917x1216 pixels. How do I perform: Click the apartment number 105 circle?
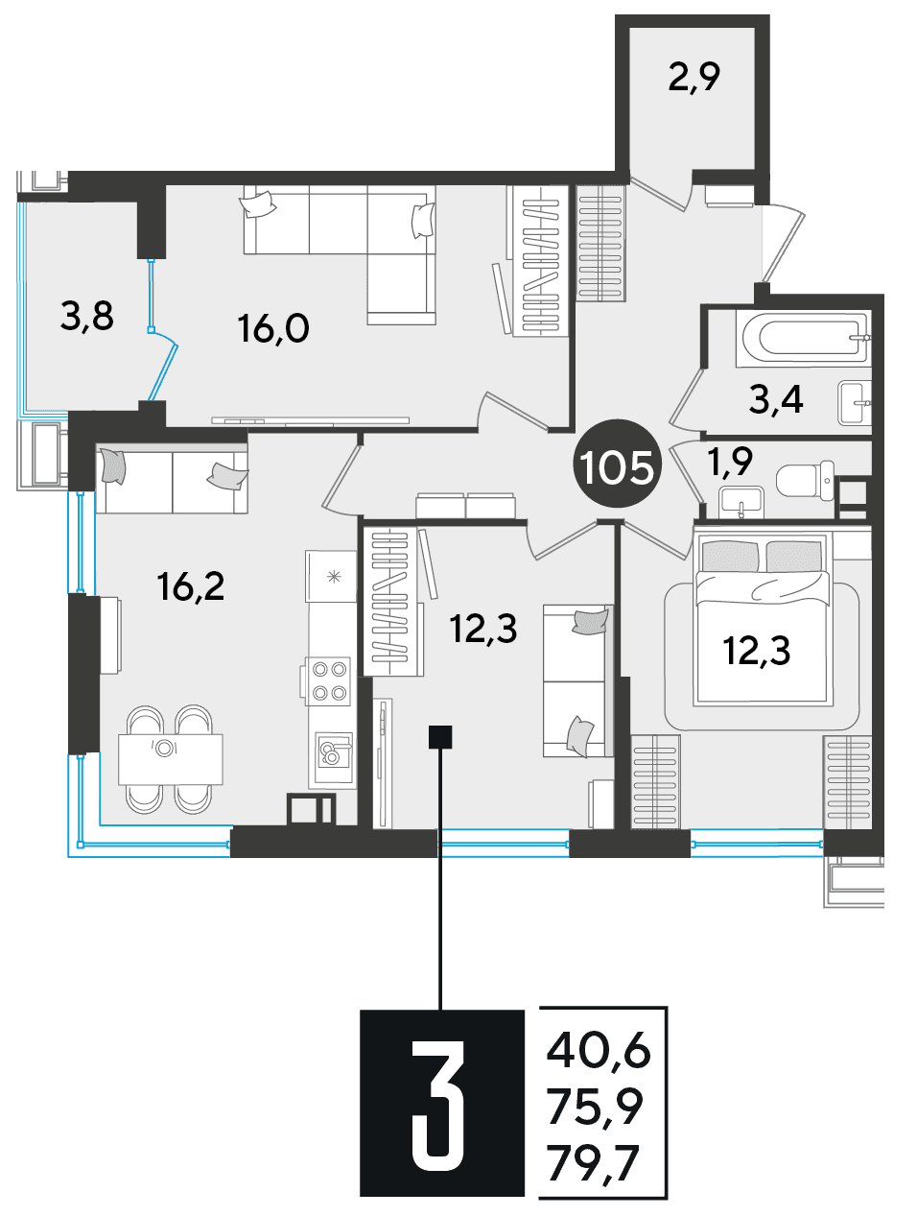[617, 464]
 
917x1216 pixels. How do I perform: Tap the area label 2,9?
[694, 78]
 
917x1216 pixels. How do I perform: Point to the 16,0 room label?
[272, 328]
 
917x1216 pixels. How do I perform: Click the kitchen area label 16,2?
[191, 586]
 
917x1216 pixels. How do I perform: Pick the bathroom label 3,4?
[775, 399]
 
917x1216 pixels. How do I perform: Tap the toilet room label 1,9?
[731, 462]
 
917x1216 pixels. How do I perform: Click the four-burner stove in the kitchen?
[329, 680]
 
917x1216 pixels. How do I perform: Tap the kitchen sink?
[333, 751]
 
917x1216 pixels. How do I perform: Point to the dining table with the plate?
[171, 759]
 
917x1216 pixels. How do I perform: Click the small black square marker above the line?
[440, 737]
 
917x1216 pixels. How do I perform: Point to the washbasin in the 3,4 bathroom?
[855, 403]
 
